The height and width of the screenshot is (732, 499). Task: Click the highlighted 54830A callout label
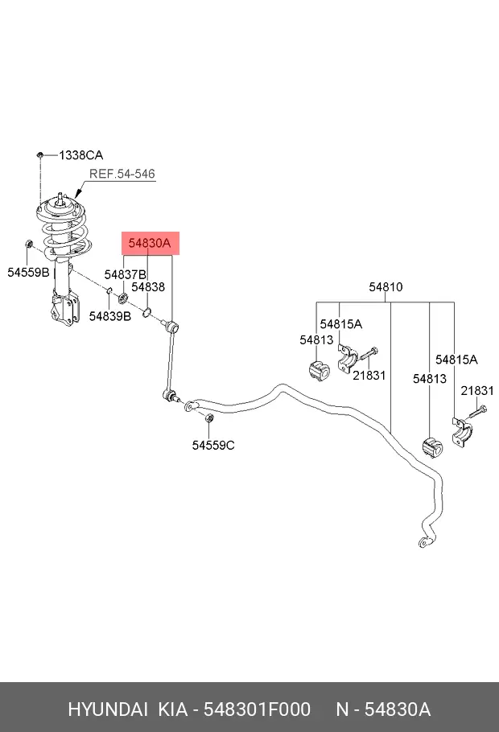(150, 243)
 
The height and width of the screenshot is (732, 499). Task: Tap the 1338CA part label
(81, 155)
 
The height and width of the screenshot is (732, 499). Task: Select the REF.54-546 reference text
(122, 174)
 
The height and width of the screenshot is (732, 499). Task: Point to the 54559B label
(28, 272)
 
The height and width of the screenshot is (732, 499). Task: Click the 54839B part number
(110, 316)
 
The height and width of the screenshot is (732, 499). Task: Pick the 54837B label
(126, 274)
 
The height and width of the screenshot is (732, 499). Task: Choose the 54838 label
(148, 286)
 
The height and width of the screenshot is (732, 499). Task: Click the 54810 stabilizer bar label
(386, 286)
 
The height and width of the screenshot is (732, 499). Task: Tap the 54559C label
(213, 446)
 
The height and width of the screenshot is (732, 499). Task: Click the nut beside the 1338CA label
(40, 154)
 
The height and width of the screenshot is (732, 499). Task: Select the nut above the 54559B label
(28, 245)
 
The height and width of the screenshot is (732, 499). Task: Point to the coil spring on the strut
(65, 233)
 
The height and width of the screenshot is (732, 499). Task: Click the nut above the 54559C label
(210, 417)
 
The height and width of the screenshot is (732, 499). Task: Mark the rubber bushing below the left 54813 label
(319, 369)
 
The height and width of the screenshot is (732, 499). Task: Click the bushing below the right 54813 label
(433, 447)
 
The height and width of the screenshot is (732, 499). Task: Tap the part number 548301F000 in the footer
(257, 709)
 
